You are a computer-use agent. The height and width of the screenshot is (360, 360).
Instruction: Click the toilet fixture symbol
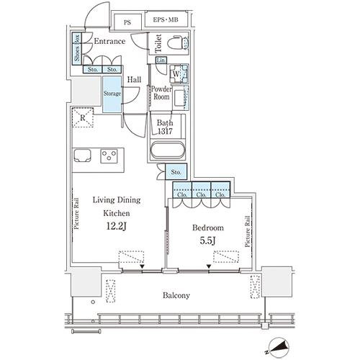click(178, 43)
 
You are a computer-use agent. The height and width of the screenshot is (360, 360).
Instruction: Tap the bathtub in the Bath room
click(168, 150)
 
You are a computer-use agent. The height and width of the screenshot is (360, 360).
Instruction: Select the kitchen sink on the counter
click(82, 156)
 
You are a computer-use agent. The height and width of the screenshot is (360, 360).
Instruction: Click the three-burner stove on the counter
click(109, 156)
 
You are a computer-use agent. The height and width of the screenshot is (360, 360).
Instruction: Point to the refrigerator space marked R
click(83, 117)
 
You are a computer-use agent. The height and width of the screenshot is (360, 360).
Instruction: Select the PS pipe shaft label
click(127, 22)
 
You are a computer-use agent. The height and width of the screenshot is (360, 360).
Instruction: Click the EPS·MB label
click(166, 19)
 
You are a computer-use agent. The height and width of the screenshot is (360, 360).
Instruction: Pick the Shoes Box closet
click(77, 49)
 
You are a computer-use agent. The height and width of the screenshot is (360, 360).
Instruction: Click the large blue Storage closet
click(112, 94)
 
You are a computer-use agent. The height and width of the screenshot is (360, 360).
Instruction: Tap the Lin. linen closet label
click(161, 60)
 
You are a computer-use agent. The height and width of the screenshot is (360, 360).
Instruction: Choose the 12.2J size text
click(117, 226)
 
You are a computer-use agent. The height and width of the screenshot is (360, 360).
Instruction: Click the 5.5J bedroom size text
click(207, 240)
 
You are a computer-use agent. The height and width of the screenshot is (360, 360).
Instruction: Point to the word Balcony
click(176, 295)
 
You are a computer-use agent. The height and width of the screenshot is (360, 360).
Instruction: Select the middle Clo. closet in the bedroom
click(201, 190)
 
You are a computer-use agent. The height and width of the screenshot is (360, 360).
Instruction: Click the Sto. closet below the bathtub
click(176, 171)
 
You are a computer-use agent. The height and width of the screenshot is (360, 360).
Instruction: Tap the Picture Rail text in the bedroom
click(248, 232)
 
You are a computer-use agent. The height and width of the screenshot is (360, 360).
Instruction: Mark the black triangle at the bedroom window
click(209, 266)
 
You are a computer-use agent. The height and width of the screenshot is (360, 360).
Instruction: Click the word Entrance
click(109, 41)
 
